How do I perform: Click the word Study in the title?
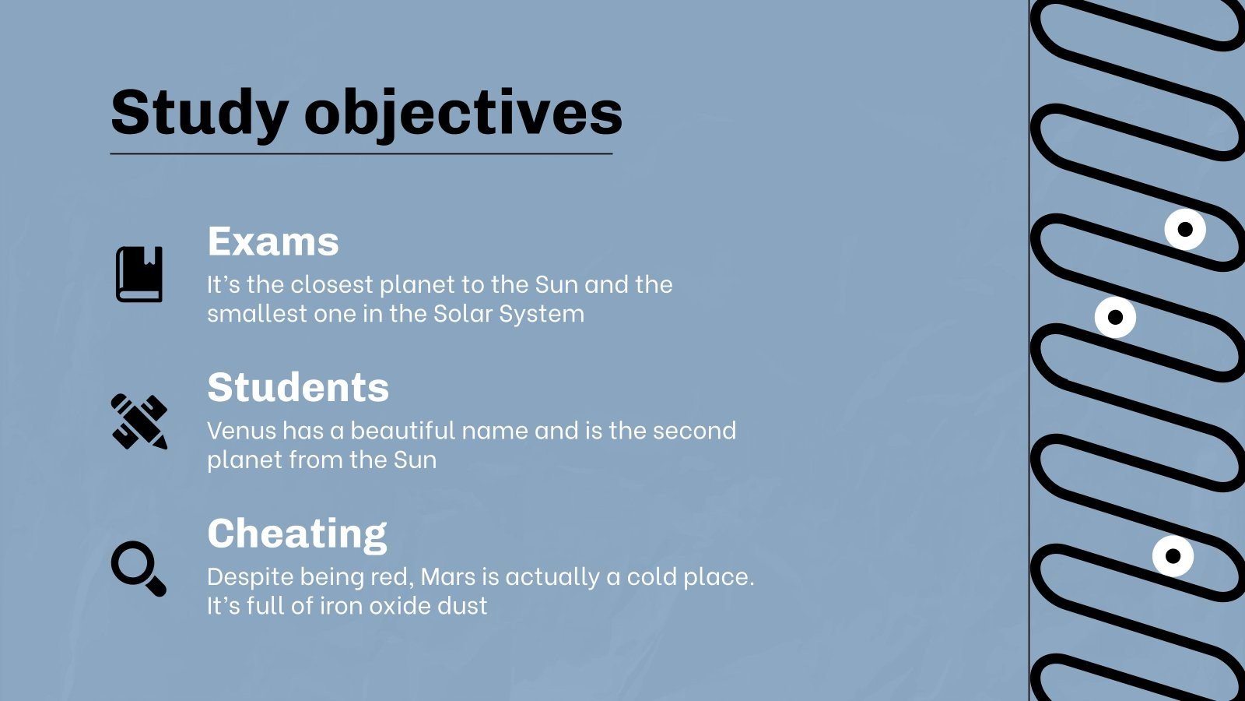point(199,114)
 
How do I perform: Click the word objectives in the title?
point(464,114)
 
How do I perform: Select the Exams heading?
point(273,241)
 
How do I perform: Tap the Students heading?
point(298,387)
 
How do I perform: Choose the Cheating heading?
point(296,534)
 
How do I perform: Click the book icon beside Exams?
point(139,274)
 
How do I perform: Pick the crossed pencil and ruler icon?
point(139,421)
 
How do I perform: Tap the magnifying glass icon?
point(139,569)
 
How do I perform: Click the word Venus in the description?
point(242,431)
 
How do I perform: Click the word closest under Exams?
point(331,285)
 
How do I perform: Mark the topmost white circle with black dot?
point(1185,229)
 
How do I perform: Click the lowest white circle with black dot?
point(1173,556)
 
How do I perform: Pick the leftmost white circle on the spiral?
point(1116,317)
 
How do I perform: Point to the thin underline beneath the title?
point(361,153)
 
